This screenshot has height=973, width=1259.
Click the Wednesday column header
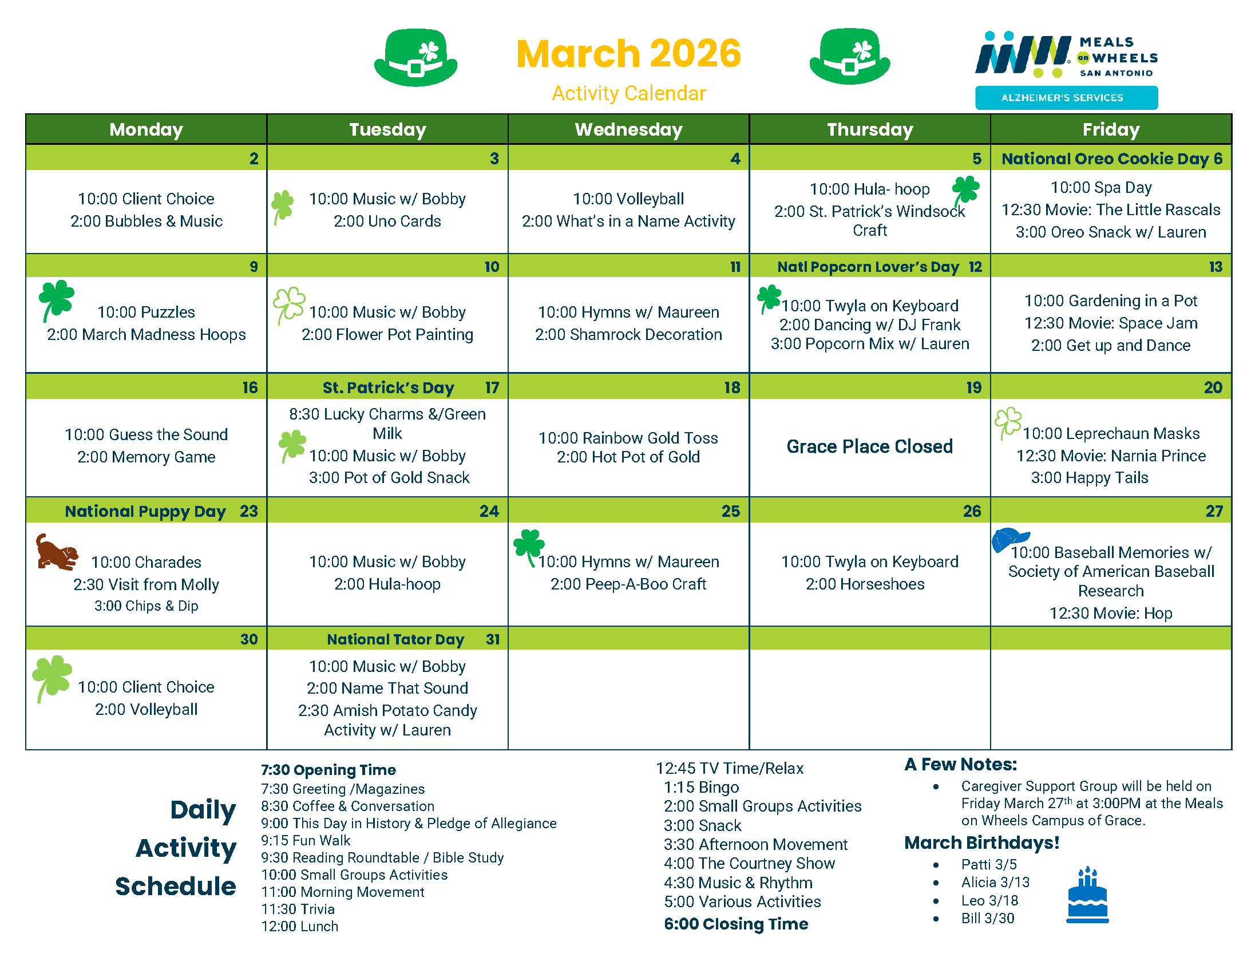pyautogui.click(x=628, y=129)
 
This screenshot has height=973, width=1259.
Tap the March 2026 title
pyautogui.click(x=628, y=54)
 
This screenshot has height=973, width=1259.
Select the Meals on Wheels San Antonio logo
pyautogui.click(x=1067, y=55)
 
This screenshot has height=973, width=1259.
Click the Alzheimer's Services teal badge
pyautogui.click(x=1067, y=98)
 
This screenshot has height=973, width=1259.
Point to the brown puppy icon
pyautogui.click(x=57, y=552)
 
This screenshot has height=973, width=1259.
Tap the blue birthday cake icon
pyautogui.click(x=1087, y=894)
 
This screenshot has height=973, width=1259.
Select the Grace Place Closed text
pyautogui.click(x=869, y=446)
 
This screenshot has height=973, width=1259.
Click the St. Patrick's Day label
pyautogui.click(x=388, y=387)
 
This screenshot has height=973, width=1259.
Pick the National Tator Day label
pyautogui.click(x=395, y=639)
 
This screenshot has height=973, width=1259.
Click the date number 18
pyautogui.click(x=732, y=387)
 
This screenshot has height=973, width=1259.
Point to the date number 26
pyautogui.click(x=972, y=511)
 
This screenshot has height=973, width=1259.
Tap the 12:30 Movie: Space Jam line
pyautogui.click(x=1111, y=323)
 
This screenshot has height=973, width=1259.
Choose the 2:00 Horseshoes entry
pyautogui.click(x=865, y=584)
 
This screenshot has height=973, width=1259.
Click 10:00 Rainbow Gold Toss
pyautogui.click(x=628, y=438)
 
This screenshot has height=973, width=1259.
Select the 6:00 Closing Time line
pyautogui.click(x=736, y=924)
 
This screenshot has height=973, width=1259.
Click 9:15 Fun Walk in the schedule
pyautogui.click(x=306, y=840)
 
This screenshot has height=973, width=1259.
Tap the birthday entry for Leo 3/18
pyautogui.click(x=989, y=900)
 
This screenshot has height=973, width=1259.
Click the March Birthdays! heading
pyautogui.click(x=981, y=843)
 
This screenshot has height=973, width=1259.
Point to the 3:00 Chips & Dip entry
pyautogui.click(x=147, y=606)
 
